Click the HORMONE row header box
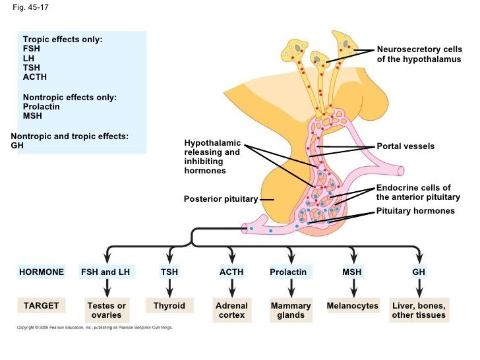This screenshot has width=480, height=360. tap(42, 272)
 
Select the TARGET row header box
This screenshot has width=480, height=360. tap(42, 306)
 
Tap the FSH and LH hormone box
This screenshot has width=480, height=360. tap(105, 272)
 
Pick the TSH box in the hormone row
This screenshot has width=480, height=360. tap(169, 272)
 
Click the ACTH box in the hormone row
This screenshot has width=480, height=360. tap(231, 272)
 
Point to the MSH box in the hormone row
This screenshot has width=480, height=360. tap(353, 272)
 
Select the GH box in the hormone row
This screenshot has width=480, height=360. tap(419, 272)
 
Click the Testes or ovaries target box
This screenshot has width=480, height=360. tap(106, 311)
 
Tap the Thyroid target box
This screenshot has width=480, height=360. tap(169, 306)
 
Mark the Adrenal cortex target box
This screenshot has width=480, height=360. tap(231, 311)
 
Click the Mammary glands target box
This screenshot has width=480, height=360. tap(291, 311)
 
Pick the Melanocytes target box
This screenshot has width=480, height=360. tap(353, 306)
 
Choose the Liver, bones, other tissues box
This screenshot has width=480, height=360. tap(419, 311)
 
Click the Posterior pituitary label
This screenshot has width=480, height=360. tap(220, 198)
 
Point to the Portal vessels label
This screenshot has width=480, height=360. tap(405, 146)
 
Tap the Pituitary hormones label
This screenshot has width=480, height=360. tap(415, 211)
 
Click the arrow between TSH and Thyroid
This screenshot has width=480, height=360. tap(169, 288)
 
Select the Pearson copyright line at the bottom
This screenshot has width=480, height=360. tap(94, 327)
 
